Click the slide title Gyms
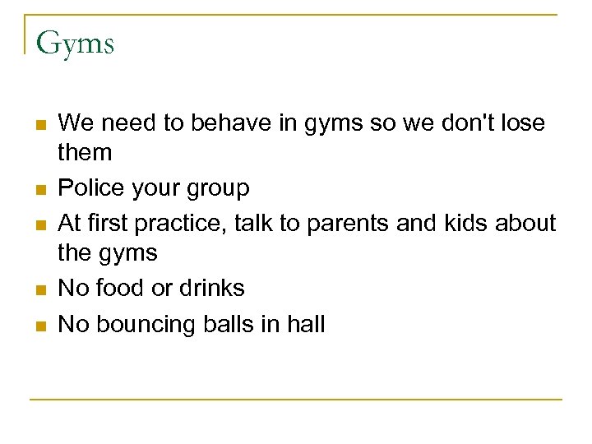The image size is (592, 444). pos(75,43)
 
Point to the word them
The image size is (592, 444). pos(86,152)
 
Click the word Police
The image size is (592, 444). pos(94,188)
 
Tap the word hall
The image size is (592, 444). pos(306,324)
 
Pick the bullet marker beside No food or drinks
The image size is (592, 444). pos(41,290)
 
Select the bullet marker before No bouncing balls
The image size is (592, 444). pos(41,326)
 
